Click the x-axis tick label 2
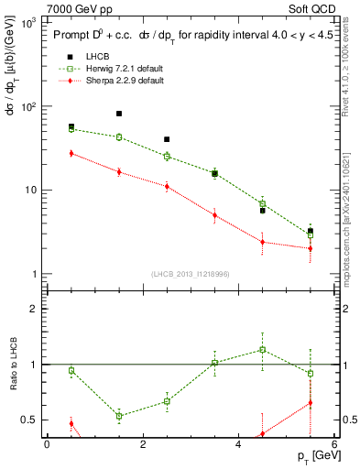(x=143, y=444)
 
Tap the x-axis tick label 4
(x=238, y=444)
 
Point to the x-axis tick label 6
(x=334, y=444)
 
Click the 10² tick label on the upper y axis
(x=28, y=106)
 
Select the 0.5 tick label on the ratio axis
(x=27, y=420)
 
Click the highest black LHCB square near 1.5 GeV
(x=119, y=114)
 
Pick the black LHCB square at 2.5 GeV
(x=167, y=139)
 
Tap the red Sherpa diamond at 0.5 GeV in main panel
(x=71, y=153)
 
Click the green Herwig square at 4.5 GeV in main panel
(x=263, y=203)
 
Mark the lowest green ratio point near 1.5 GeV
(x=119, y=416)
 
